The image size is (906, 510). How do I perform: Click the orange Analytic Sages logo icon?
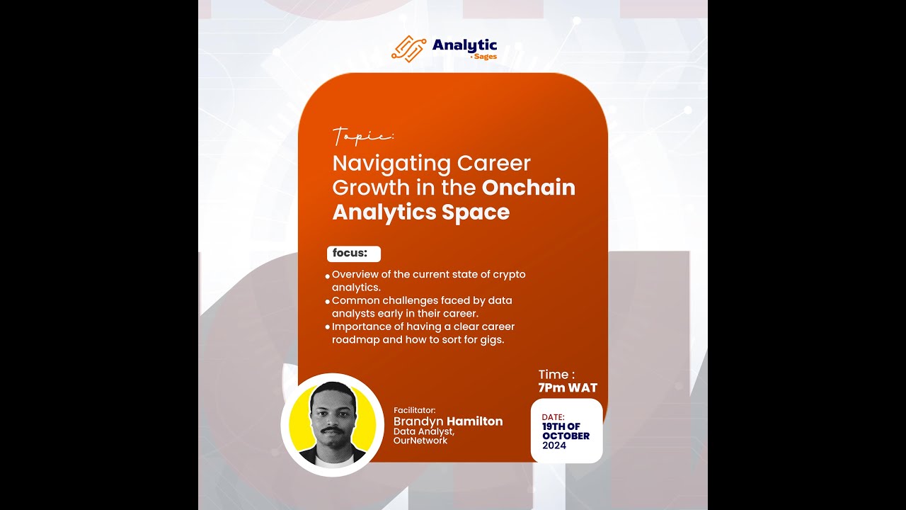[408, 48]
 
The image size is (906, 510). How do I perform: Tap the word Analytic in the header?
[464, 45]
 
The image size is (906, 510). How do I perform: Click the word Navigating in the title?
[391, 164]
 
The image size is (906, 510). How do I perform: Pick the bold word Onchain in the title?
[529, 188]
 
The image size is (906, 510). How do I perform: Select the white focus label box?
[353, 254]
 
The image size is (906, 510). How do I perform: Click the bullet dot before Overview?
[327, 276]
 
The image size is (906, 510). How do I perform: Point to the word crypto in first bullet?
[509, 274]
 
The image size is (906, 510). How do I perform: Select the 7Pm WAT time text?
[568, 388]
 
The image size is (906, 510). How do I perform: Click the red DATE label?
[554, 417]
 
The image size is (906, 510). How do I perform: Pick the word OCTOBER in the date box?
[566, 436]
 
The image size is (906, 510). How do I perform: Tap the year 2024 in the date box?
[554, 446]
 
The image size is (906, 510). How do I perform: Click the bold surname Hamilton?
[474, 421]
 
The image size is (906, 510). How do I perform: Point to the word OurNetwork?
[420, 441]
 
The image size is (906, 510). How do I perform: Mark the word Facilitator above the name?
[414, 410]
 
